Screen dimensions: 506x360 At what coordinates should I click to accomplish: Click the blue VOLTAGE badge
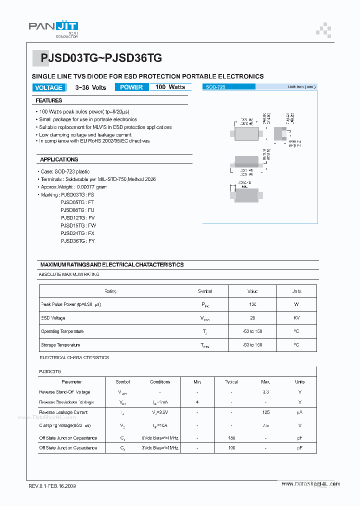[48, 87]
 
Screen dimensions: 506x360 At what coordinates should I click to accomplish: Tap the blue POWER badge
[131, 87]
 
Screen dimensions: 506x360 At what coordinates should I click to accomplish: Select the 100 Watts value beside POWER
[170, 87]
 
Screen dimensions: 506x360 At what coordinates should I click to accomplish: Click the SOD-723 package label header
[215, 87]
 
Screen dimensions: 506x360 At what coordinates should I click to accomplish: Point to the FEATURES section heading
[49, 100]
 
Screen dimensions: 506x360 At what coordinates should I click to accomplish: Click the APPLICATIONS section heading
[59, 159]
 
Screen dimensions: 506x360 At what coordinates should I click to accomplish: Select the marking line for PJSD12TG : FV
[77, 218]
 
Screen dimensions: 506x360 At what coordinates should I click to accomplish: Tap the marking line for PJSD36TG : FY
[77, 241]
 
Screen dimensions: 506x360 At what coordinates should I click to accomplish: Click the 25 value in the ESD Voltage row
[252, 318]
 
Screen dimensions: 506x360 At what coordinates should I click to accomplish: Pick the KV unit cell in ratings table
[296, 318]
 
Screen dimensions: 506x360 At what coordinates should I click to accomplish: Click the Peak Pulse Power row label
[70, 304]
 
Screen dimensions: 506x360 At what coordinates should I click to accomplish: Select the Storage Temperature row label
[60, 345]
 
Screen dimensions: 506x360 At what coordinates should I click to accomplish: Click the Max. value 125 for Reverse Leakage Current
[265, 412]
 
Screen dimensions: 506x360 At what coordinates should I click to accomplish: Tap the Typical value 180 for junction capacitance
[231, 437]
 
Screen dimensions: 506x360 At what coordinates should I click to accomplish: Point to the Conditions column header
[160, 382]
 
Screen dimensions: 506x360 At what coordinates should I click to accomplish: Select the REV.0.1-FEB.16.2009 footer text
[52, 486]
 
